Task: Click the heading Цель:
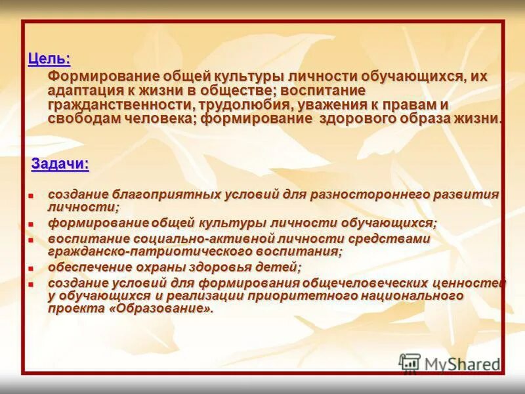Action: (x=49, y=58)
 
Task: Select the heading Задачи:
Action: (x=60, y=164)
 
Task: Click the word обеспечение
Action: (x=87, y=267)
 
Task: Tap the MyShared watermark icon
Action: (x=409, y=363)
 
